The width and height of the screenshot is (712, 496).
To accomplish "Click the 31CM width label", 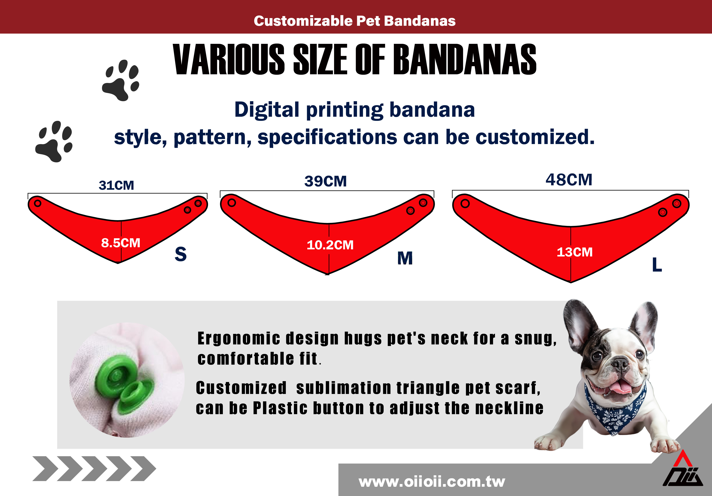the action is click(116, 185).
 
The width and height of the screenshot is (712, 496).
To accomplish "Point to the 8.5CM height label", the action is click(121, 243).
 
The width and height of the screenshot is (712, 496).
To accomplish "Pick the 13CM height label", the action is click(575, 252).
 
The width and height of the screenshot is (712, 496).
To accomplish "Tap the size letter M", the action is click(405, 258).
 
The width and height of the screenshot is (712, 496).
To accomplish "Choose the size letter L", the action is click(657, 265).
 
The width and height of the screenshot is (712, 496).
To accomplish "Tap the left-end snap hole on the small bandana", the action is click(38, 203).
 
